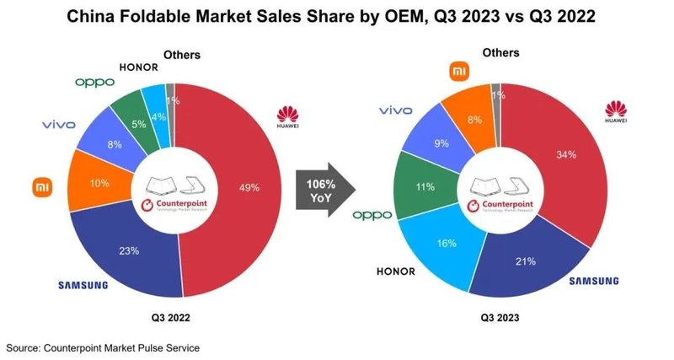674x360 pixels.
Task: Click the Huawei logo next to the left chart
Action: (x=288, y=117)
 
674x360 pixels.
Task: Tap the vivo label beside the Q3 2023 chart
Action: (x=395, y=110)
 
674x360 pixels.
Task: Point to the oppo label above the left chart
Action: (x=94, y=82)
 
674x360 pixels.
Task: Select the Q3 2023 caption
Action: (x=500, y=319)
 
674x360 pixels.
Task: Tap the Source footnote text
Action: (x=103, y=347)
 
